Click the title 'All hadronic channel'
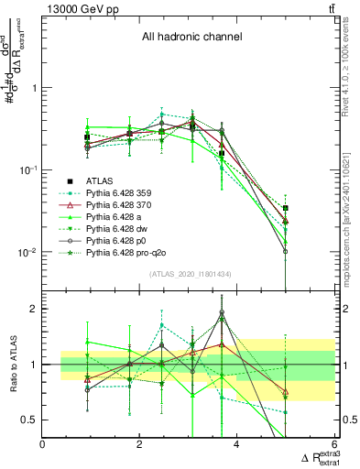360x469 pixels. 191,38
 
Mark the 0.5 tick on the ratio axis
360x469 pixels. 30,420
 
